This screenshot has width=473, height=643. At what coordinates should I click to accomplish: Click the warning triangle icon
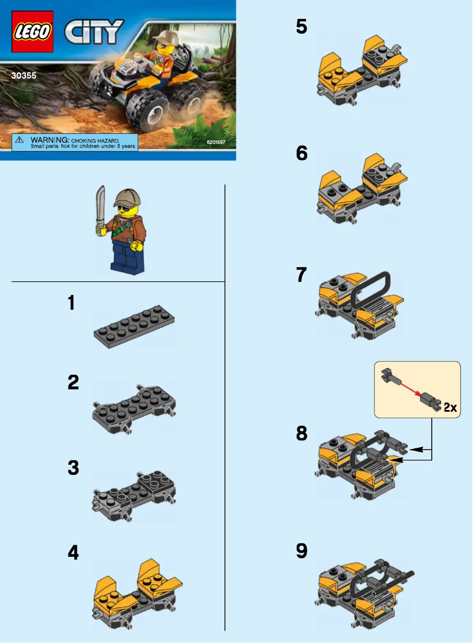coord(19,140)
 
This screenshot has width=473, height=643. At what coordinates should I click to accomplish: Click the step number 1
coord(71,304)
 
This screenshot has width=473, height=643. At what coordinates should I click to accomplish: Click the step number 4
coord(73,553)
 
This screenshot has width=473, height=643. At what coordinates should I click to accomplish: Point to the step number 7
coord(301,275)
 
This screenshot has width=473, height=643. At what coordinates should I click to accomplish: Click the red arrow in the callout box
coord(407,388)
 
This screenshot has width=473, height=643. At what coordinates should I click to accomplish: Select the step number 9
coord(301,552)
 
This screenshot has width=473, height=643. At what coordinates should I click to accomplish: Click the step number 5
coord(301,28)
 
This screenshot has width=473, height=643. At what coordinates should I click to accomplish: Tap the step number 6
coord(301,154)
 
